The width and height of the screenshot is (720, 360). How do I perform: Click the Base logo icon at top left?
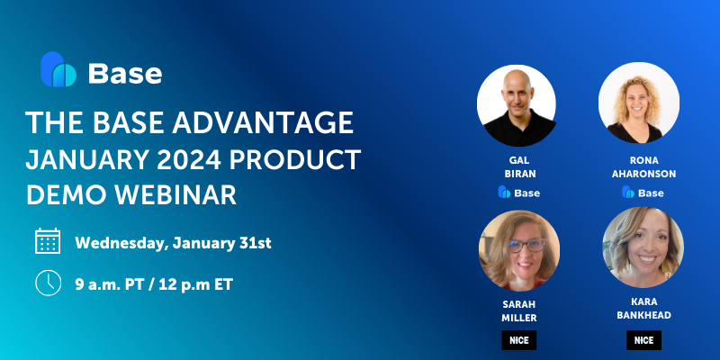[58, 70]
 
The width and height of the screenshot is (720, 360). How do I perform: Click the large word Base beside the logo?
[125, 72]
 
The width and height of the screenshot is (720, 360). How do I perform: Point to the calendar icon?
[48, 241]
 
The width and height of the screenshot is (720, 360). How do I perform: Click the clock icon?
[48, 282]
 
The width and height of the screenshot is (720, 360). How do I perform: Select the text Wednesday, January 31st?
[173, 242]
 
